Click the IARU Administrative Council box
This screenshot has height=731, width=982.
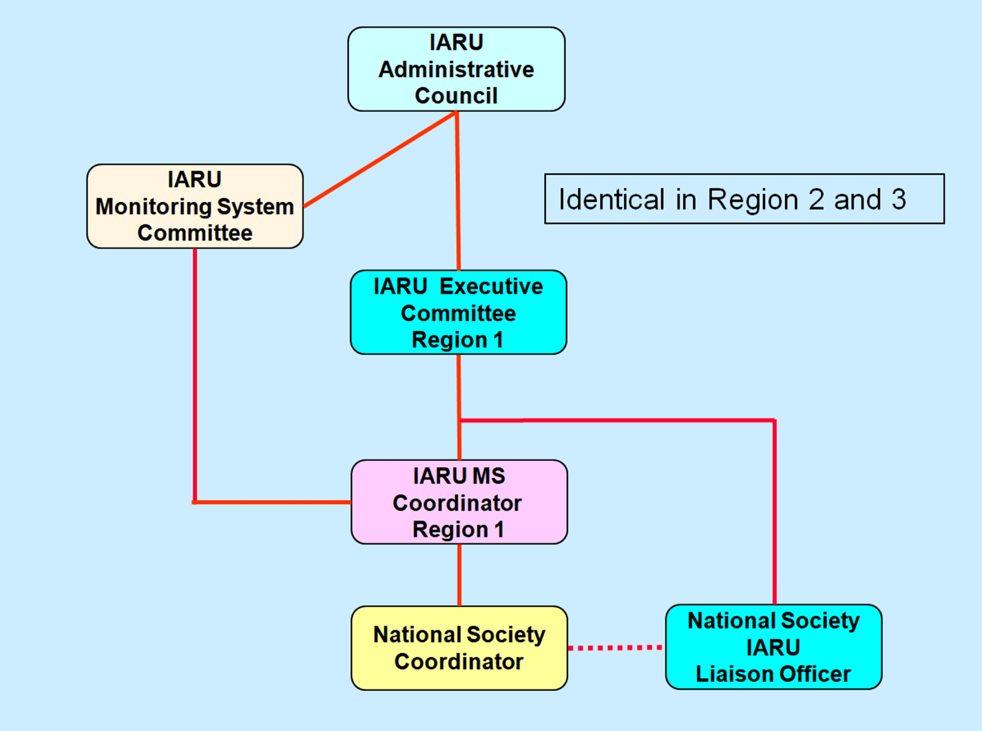pyautogui.click(x=456, y=69)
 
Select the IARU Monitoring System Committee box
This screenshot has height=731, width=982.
pyautogui.click(x=195, y=206)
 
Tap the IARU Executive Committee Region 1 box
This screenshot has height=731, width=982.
pyautogui.click(x=458, y=312)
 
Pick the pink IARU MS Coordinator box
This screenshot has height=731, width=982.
pyautogui.click(x=459, y=502)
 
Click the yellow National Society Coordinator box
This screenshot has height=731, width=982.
pyautogui.click(x=459, y=648)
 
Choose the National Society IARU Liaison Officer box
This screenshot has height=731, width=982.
pyautogui.click(x=773, y=647)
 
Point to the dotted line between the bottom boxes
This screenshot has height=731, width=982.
pyautogui.click(x=616, y=648)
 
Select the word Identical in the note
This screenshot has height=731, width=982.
pyautogui.click(x=611, y=200)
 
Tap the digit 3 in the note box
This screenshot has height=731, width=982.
pyautogui.click(x=899, y=200)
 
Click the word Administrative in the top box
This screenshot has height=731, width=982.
pyautogui.click(x=456, y=70)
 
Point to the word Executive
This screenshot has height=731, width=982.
pyautogui.click(x=491, y=286)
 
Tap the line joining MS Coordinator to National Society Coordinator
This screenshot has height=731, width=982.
pyautogui.click(x=459, y=575)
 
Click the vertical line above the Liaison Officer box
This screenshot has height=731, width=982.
pyautogui.click(x=774, y=513)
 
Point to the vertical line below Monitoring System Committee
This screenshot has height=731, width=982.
pyautogui.click(x=195, y=374)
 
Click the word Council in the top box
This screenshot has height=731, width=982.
pyautogui.click(x=456, y=96)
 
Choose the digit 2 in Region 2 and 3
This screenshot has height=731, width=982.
pyautogui.click(x=816, y=200)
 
